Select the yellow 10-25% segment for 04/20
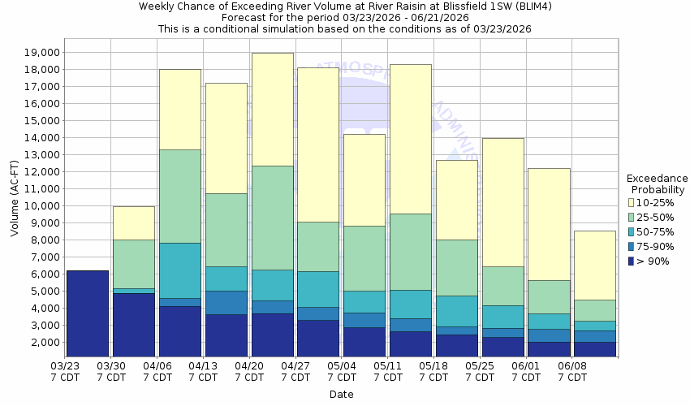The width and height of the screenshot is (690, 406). point(273,110)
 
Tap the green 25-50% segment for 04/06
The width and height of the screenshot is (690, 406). point(180,196)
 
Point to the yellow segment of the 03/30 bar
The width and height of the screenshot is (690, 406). point(134,222)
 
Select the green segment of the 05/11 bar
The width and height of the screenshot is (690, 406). point(411,252)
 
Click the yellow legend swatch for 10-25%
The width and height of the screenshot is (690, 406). point(632,202)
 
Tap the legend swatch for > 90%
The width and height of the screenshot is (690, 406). point(632,261)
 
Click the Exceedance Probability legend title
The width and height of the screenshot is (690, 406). point(658,184)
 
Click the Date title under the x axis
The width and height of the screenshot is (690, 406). point(341,395)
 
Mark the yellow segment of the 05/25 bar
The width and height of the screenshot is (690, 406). point(503,202)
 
